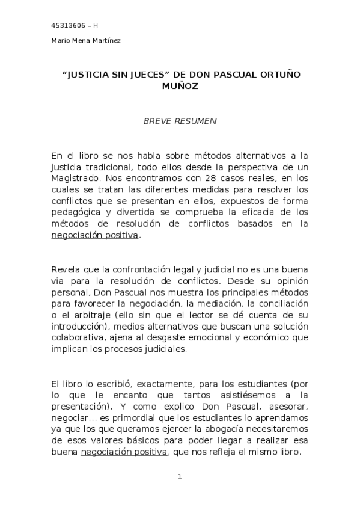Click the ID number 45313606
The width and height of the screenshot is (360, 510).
pos(67,25)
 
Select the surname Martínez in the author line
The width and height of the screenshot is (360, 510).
pos(106,41)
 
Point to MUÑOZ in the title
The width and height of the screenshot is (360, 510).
pos(180,87)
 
